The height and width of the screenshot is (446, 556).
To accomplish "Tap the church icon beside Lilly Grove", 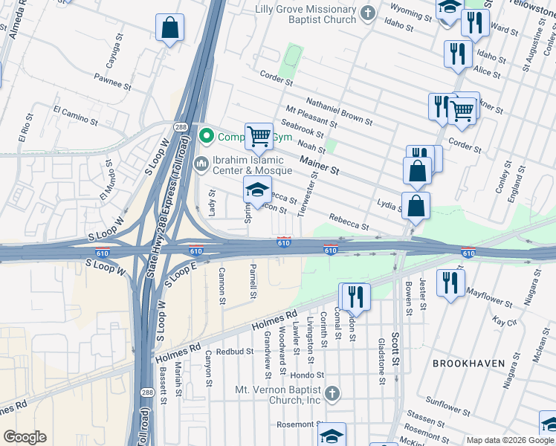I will point(367,13).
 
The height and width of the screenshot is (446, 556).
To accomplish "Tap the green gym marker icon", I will point(206,136).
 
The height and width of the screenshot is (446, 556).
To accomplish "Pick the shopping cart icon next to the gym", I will point(258,136).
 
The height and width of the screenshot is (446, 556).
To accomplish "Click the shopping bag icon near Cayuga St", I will point(169,28).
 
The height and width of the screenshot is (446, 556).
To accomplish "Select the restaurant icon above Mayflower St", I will point(450,282).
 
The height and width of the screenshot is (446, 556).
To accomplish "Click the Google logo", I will point(25,437).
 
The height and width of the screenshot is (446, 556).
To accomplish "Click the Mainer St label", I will point(319,164).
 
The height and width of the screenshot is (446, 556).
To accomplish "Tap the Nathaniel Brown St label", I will point(339,109).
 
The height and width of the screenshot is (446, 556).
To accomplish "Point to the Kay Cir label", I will point(505,321).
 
